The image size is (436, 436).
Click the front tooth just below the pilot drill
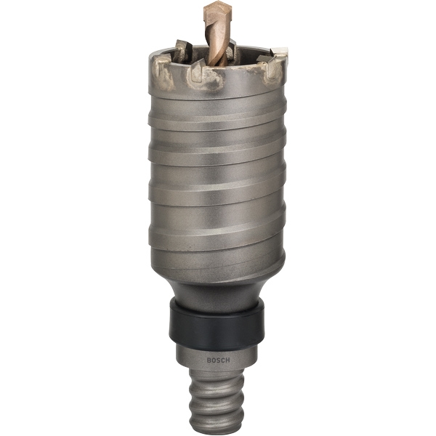pos(197,70)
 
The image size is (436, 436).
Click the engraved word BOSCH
pos(218,360)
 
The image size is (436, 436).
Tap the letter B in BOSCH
pos(209,360)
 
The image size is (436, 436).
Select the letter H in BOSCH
pos(227,360)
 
